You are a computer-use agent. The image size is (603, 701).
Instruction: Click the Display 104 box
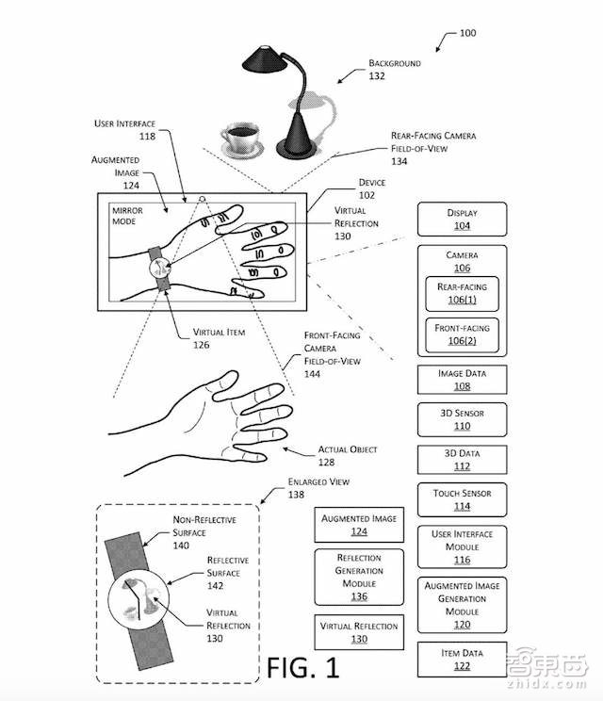coord(462,220)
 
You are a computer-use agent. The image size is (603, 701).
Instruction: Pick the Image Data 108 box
coord(462,380)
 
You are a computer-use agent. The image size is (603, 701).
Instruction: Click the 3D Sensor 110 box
coord(462,419)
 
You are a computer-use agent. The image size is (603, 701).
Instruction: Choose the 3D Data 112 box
coord(462,459)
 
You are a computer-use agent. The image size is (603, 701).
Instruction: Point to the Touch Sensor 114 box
coord(462,499)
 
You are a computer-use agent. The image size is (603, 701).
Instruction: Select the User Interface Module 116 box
coord(462,546)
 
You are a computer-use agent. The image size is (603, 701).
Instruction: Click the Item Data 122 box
coord(462,660)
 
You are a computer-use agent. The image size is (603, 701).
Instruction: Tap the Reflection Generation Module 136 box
coord(359,577)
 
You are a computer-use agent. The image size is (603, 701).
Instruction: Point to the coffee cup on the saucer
coord(240,141)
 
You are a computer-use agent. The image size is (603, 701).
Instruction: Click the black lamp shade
coord(268,58)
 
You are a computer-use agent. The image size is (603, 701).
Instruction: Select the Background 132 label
coord(394,70)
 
